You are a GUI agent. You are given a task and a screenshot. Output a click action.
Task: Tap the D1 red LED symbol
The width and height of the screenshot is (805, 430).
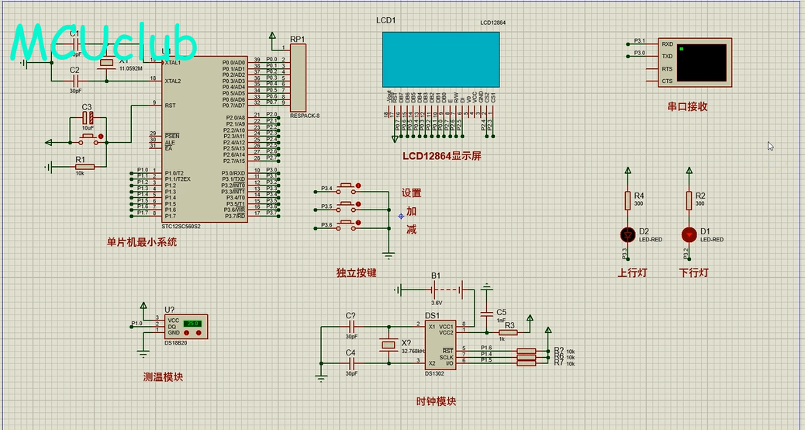688,234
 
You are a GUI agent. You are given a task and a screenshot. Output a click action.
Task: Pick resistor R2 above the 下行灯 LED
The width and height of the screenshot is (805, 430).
688,200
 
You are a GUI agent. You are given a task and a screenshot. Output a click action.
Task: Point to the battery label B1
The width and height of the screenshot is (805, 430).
436,276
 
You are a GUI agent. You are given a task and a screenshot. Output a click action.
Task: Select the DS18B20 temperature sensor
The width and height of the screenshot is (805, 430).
186,327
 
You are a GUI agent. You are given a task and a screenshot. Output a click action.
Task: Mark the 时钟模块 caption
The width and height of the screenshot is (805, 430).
436,401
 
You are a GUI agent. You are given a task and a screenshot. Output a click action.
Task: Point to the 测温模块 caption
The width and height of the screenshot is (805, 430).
163,378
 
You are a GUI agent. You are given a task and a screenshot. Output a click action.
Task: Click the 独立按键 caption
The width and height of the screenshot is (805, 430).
356,272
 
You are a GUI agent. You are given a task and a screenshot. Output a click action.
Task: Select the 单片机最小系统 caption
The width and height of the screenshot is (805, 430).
142,241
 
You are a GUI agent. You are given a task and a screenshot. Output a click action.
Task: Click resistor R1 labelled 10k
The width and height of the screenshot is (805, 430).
81,166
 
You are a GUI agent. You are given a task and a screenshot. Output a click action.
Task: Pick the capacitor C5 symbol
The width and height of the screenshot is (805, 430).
486,314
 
